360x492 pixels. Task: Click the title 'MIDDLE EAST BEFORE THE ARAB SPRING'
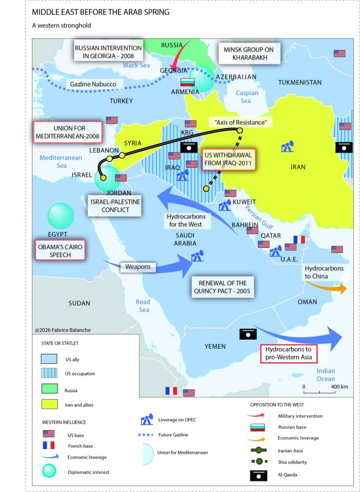click(100, 12)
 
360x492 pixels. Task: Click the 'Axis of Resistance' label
click(240, 123)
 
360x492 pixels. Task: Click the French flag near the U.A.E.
click(299, 239)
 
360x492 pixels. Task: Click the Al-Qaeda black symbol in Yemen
click(247, 333)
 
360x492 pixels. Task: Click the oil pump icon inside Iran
click(287, 147)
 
